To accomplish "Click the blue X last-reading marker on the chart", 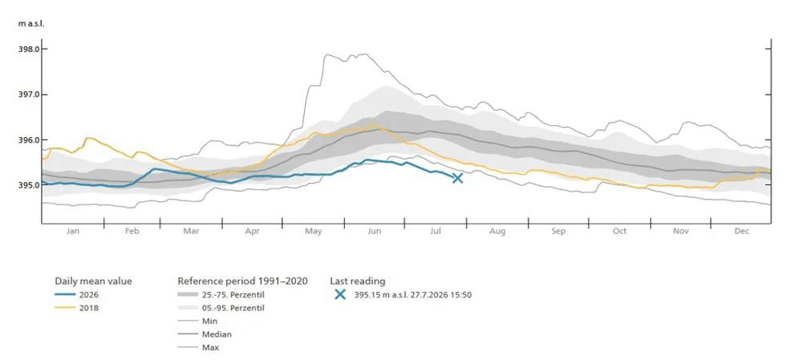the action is [x=457, y=177].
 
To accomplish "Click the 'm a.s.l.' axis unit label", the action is [x=27, y=24].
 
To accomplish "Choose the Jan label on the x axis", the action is [x=73, y=231].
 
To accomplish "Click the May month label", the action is [x=314, y=232].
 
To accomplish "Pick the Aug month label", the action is [x=497, y=232].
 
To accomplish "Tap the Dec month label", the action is [x=742, y=231].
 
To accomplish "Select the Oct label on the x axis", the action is [x=619, y=231].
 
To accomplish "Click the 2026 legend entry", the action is [x=77, y=294].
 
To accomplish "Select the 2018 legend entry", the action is [x=77, y=308].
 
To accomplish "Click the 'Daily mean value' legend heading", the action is [x=93, y=281].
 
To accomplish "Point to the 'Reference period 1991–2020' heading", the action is [x=242, y=281].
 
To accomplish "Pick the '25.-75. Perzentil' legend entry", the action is [x=221, y=294].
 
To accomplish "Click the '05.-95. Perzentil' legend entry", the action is [x=221, y=308].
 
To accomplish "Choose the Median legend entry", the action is [x=205, y=334].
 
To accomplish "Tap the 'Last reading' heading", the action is [x=358, y=281].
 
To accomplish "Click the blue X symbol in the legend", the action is [x=339, y=294].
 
